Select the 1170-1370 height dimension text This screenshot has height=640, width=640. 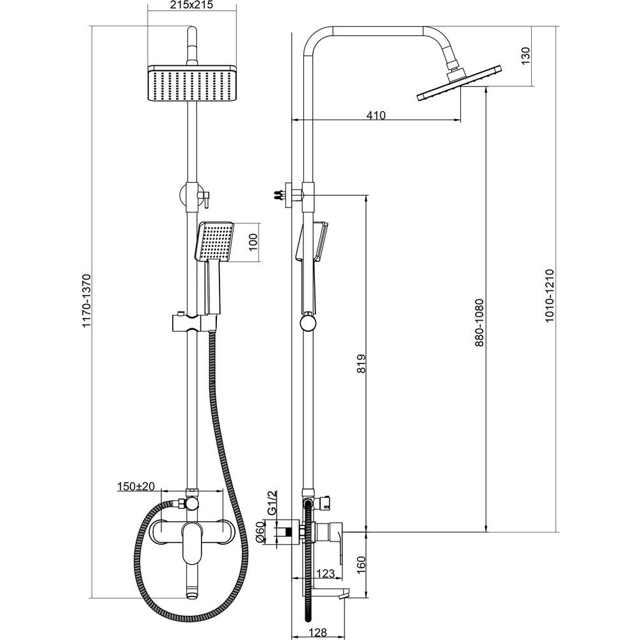click(86, 301)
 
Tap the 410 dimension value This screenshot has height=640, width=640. click(376, 115)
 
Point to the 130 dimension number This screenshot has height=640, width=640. click(525, 56)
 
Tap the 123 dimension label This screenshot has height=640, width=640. click(325, 573)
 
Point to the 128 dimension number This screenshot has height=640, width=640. click(317, 632)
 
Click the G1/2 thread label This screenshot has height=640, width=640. click(272, 502)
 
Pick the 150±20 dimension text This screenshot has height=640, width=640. click(136, 486)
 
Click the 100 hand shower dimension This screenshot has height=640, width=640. click(253, 242)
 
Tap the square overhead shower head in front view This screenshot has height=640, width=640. click(192, 83)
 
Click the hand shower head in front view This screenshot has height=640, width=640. click(215, 241)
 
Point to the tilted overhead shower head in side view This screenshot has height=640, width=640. click(459, 83)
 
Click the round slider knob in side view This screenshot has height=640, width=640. click(308, 323)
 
